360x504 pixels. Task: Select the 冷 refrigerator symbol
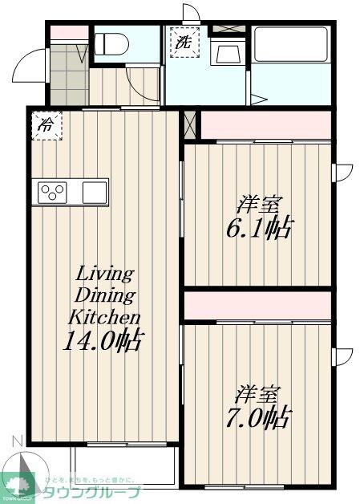(x=47, y=125)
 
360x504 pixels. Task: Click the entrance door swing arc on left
(x=25, y=65)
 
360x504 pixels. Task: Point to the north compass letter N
(x=15, y=439)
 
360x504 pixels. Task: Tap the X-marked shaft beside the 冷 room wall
(x=189, y=125)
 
